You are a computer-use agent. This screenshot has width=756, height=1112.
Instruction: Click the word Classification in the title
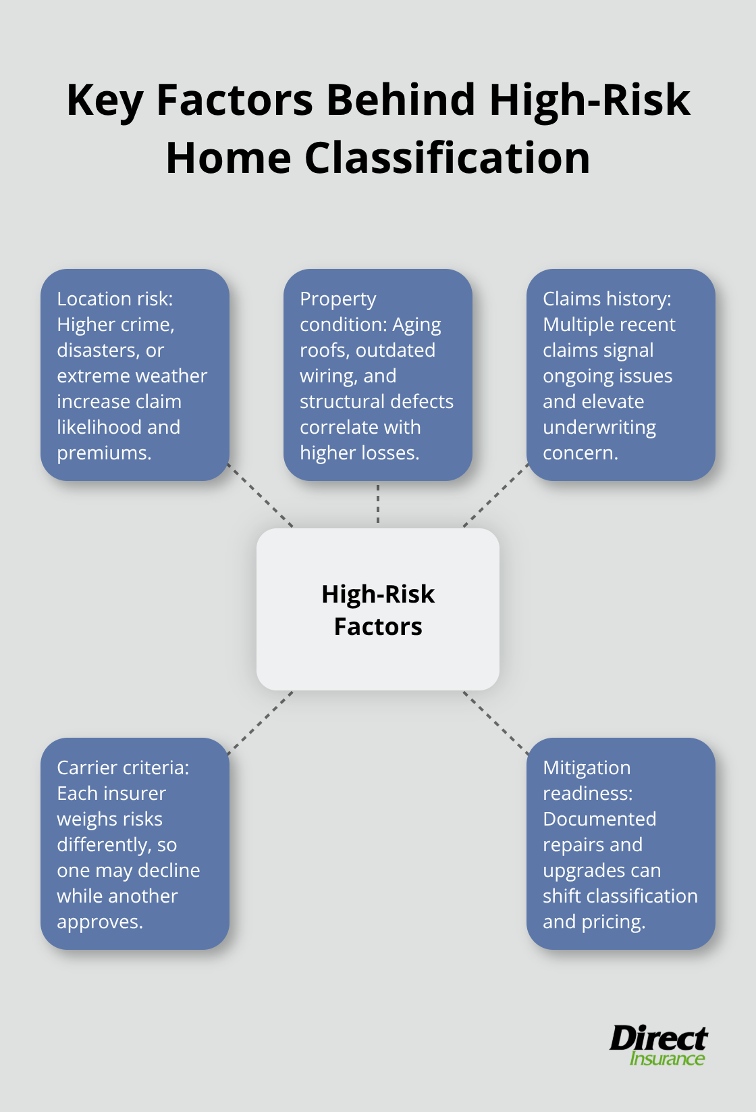[x=447, y=158]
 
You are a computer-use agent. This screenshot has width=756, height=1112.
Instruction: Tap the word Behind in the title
[x=401, y=100]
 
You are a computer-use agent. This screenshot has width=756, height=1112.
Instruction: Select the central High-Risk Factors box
[x=378, y=609]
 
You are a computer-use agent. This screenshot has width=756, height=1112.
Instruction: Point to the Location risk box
[x=135, y=375]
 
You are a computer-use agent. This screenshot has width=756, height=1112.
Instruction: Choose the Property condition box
[x=378, y=375]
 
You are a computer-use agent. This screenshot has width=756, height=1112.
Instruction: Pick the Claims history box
[x=621, y=375]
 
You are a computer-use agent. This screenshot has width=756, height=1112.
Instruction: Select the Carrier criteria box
[x=135, y=844]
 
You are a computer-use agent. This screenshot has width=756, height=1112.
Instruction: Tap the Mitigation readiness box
[x=621, y=844]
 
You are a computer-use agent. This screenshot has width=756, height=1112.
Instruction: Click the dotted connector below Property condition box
[x=378, y=504]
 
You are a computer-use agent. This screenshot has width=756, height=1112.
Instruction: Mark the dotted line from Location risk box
[x=261, y=495]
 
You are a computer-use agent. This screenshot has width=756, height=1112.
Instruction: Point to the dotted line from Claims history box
[x=495, y=495]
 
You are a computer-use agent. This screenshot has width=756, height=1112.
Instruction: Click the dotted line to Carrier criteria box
[x=261, y=722]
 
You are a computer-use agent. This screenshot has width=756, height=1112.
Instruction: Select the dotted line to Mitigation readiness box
[x=495, y=722]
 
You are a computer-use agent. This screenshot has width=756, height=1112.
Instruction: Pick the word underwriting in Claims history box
[x=599, y=428]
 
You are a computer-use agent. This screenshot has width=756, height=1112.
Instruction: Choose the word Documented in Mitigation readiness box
[x=599, y=819]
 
